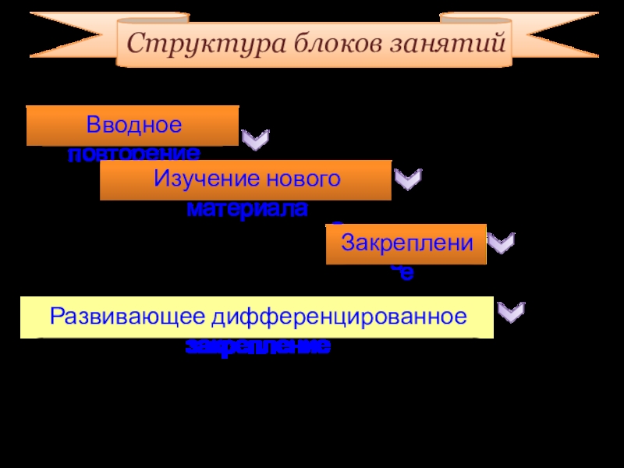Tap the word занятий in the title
pos(449,43)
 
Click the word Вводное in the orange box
pos(133,125)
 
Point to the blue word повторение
pos(133,154)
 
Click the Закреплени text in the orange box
pos(406,243)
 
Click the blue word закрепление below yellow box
pos(257,346)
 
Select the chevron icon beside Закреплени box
pos(501,243)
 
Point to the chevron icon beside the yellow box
pos(511,313)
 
